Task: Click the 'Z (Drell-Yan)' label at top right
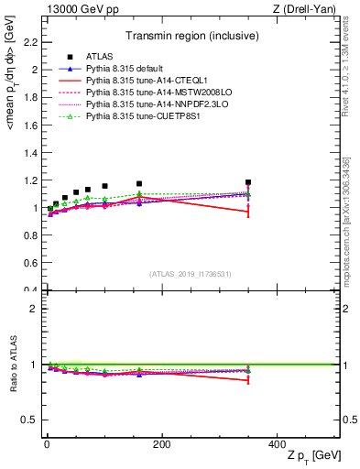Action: pos(308,8)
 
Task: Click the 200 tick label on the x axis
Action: pos(161,444)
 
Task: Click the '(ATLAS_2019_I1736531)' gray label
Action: pos(190,274)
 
